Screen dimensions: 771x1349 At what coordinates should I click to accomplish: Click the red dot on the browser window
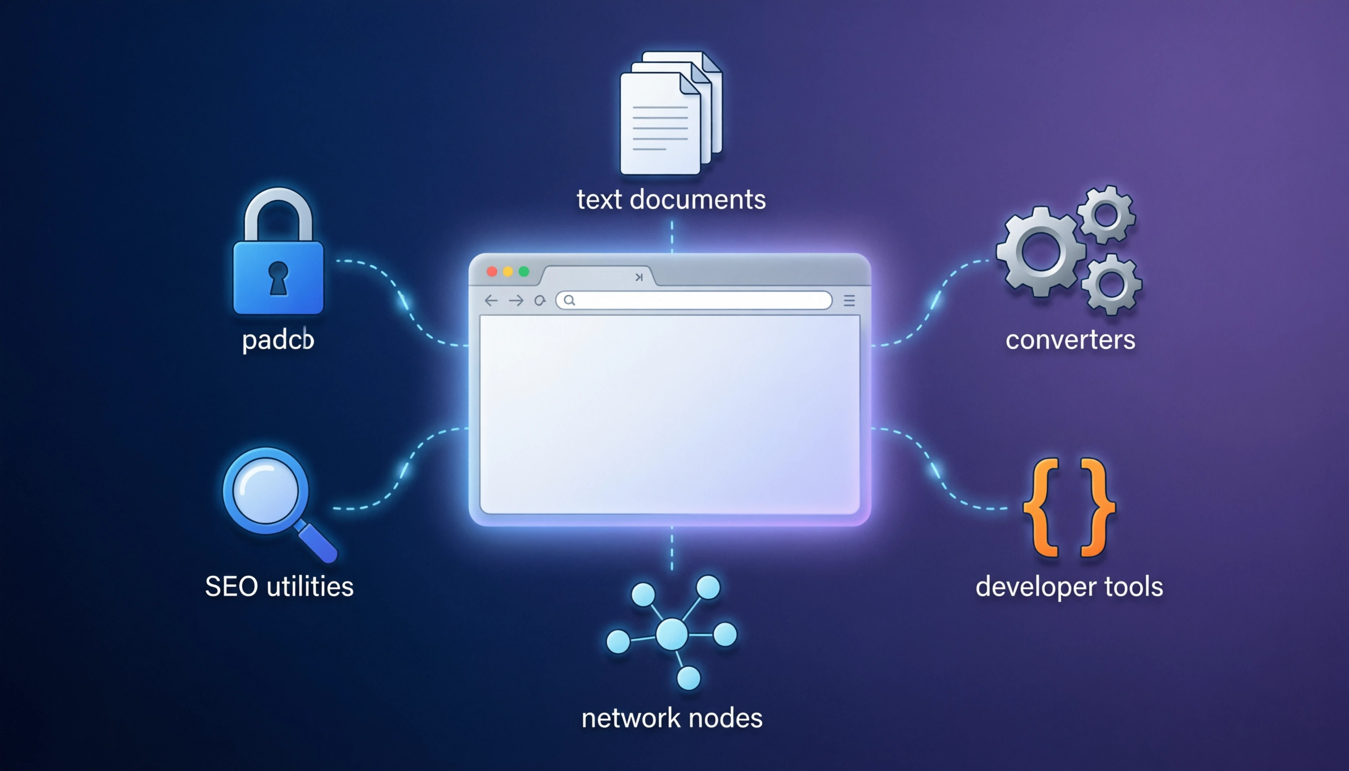(492, 272)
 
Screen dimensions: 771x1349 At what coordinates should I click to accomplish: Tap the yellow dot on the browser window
(508, 272)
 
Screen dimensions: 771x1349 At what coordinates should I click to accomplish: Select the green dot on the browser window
(523, 272)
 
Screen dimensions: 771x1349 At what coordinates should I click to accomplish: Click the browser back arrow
(491, 301)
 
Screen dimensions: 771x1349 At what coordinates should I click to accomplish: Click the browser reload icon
(539, 301)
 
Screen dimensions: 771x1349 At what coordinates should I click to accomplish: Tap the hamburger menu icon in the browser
(849, 301)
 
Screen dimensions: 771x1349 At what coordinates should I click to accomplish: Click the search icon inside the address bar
(569, 301)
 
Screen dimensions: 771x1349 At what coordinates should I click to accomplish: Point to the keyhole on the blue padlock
(279, 278)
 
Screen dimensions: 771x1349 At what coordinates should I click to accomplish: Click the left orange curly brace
(1041, 507)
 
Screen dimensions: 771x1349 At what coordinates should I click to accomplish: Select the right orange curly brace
(1097, 507)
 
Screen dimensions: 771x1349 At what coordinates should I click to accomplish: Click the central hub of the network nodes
(672, 634)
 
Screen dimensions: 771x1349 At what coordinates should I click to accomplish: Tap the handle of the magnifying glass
(318, 542)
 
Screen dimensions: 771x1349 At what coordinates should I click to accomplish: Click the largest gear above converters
(1040, 251)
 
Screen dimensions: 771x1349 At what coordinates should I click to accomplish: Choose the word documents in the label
(698, 200)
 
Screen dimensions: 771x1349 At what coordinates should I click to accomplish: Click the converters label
(1070, 340)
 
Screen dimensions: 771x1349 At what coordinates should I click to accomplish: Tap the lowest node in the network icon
(688, 678)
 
